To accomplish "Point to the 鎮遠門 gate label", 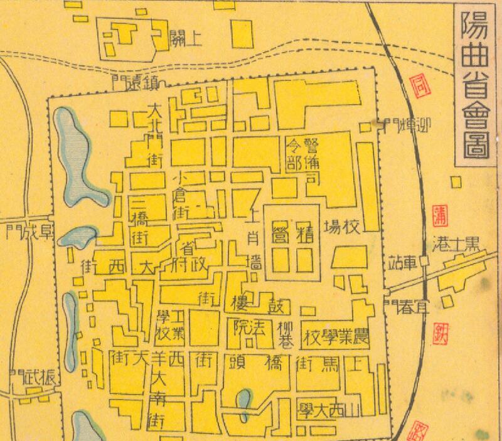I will click(x=134, y=82).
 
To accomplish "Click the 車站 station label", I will click(x=402, y=262).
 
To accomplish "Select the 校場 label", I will click(x=342, y=226).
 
